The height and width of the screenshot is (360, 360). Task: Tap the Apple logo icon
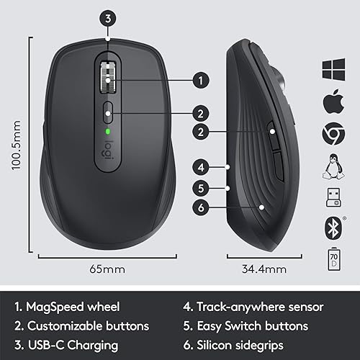[x=332, y=101]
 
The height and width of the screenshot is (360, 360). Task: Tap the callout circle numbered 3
[x=108, y=19]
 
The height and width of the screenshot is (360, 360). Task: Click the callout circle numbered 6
[x=201, y=208]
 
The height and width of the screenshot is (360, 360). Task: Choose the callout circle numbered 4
[x=201, y=168]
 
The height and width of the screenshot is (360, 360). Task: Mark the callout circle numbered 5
[x=201, y=188]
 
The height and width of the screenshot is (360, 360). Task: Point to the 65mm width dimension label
[x=107, y=269]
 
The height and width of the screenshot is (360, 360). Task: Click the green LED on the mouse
[x=107, y=132]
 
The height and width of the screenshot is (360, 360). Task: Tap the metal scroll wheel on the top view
[x=108, y=78]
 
